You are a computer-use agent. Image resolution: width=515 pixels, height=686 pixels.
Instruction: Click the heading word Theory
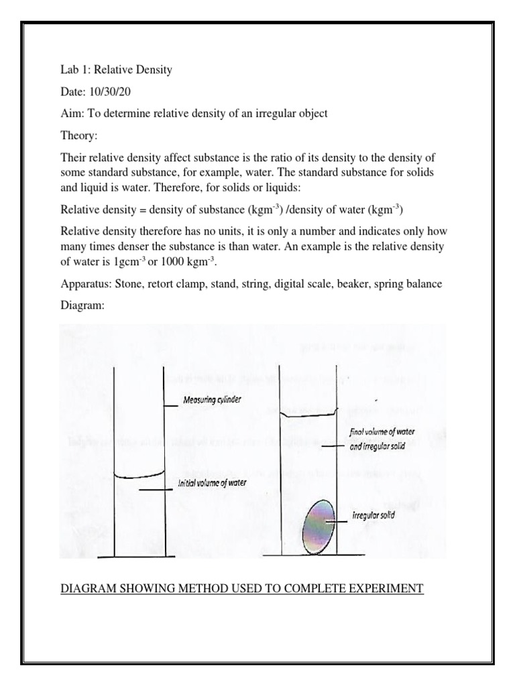click(x=78, y=136)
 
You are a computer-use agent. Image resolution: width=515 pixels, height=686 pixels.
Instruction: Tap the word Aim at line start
click(x=70, y=113)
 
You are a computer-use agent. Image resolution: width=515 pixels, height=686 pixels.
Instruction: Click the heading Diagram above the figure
click(x=82, y=305)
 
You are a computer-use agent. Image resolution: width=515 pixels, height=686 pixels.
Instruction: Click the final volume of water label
click(x=382, y=433)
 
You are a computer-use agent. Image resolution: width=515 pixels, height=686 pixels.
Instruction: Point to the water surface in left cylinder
click(x=139, y=476)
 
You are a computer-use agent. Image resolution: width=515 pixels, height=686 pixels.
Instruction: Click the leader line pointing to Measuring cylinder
click(x=172, y=403)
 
